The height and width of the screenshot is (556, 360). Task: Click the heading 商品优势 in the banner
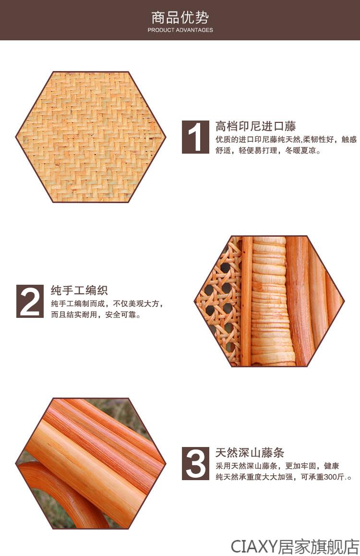[180, 17]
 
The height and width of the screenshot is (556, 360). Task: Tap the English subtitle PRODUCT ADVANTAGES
[180, 30]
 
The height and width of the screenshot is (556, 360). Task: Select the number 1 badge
[195, 137]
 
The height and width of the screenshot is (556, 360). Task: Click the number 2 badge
[30, 301]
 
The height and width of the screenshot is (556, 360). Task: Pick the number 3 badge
[195, 463]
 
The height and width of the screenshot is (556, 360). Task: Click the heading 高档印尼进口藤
[255, 126]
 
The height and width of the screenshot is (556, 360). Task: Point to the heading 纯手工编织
[79, 290]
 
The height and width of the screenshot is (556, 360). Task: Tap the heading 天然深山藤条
[250, 452]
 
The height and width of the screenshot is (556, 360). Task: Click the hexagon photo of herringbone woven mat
[91, 137]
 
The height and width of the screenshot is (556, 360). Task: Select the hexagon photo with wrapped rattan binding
[269, 301]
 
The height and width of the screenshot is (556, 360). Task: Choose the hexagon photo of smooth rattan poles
[91, 463]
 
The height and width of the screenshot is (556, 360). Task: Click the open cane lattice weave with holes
[219, 302]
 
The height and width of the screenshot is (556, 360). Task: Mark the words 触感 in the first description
[349, 139]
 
